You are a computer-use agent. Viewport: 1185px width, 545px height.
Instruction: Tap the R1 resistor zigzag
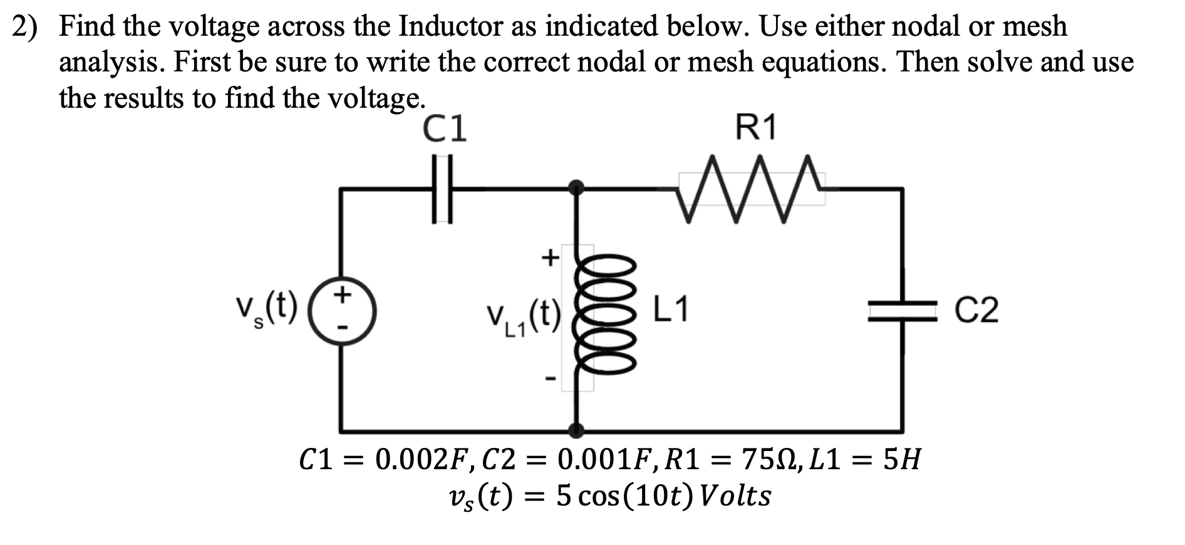pyautogui.click(x=751, y=189)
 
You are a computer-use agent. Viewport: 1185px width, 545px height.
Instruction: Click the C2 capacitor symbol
pyautogui.click(x=902, y=311)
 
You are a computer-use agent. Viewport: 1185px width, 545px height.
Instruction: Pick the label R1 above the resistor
pyautogui.click(x=755, y=128)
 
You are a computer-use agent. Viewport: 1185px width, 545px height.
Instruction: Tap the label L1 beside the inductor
pyautogui.click(x=671, y=309)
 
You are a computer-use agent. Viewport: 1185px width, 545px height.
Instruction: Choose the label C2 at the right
pyautogui.click(x=977, y=311)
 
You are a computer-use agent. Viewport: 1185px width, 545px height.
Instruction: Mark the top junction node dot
pyautogui.click(x=577, y=187)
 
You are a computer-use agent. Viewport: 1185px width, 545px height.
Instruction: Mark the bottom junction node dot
pyautogui.click(x=577, y=430)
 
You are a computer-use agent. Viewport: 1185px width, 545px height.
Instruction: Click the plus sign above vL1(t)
pyautogui.click(x=549, y=257)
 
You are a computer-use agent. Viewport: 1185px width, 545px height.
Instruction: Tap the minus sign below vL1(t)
pyautogui.click(x=549, y=378)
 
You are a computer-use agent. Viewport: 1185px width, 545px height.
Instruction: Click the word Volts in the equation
pyautogui.click(x=735, y=497)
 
